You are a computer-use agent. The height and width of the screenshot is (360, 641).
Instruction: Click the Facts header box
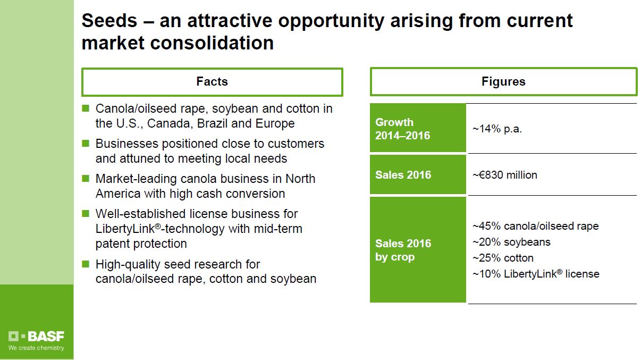click(212, 82)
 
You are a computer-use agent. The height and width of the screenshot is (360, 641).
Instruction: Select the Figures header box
click(503, 82)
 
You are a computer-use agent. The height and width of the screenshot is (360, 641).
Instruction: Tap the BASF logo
click(36, 337)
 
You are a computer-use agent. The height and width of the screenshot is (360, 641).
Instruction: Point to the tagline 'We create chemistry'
click(36, 348)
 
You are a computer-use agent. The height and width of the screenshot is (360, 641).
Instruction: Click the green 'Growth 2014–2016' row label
click(418, 129)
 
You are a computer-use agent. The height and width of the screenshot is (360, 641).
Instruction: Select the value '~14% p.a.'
click(497, 129)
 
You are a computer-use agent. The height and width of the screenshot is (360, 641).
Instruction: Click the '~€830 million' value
click(505, 175)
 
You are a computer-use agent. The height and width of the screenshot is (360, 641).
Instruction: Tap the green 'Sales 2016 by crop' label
click(418, 250)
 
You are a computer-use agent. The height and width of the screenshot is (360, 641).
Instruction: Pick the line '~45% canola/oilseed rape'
click(535, 226)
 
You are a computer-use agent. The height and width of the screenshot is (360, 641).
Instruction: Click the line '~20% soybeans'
click(511, 242)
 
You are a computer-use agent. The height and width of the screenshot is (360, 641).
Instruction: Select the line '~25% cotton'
click(503, 258)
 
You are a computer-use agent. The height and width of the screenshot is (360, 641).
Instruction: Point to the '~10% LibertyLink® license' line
click(536, 274)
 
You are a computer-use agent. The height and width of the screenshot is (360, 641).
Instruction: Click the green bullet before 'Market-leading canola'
click(86, 179)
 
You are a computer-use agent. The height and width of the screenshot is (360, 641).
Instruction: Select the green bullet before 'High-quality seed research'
click(86, 264)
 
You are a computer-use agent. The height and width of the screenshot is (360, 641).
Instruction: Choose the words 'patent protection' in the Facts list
click(141, 244)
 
